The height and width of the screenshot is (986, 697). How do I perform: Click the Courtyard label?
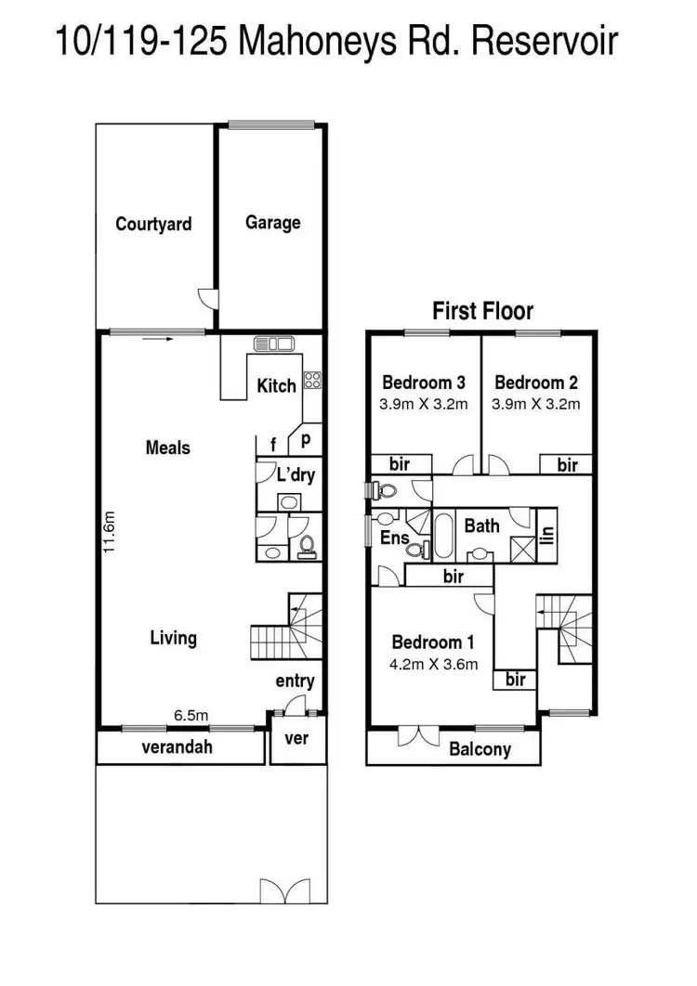[153, 224]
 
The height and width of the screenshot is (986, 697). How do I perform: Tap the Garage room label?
[272, 223]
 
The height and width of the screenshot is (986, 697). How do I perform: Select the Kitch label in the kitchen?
[276, 385]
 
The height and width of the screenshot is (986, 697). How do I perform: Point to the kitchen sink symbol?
[273, 344]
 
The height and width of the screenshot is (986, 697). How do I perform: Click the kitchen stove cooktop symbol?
[312, 380]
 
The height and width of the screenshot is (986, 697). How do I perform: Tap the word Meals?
[167, 448]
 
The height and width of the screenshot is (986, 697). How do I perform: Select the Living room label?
[174, 638]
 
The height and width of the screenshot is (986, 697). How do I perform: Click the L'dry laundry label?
[296, 474]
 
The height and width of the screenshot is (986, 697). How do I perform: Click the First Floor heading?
[482, 311]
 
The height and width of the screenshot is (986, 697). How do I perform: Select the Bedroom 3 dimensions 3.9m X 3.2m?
[423, 404]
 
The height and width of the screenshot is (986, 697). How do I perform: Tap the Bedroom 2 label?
[536, 382]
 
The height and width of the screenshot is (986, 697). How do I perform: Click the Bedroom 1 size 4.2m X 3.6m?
[434, 664]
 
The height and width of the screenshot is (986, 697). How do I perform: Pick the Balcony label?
[480, 748]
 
